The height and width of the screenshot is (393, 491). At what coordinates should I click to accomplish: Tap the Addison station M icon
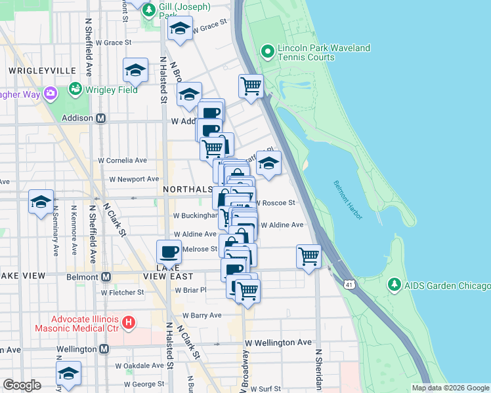(101, 119)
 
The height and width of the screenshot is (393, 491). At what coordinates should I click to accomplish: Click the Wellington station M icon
(103, 350)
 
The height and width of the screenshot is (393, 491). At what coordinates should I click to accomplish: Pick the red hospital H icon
(129, 322)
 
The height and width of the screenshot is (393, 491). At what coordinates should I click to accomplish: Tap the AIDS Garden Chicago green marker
(394, 286)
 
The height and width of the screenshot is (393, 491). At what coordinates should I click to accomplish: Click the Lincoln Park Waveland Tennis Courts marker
(268, 51)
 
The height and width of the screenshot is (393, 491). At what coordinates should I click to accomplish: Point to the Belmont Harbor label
(346, 200)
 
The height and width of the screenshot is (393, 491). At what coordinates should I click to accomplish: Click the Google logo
(22, 385)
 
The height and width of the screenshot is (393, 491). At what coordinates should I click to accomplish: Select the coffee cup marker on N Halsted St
(169, 252)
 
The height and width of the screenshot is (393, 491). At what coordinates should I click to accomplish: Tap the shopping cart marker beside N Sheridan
(308, 256)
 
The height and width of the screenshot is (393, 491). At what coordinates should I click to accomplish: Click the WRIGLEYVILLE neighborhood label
(39, 70)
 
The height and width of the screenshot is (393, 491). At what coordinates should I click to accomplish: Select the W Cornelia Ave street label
(122, 160)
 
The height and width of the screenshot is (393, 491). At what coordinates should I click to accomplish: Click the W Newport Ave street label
(134, 178)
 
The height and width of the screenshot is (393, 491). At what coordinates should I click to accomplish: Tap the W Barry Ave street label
(202, 315)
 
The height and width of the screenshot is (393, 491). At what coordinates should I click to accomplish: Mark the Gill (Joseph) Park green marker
(149, 10)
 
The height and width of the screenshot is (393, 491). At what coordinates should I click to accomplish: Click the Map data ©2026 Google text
(450, 388)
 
